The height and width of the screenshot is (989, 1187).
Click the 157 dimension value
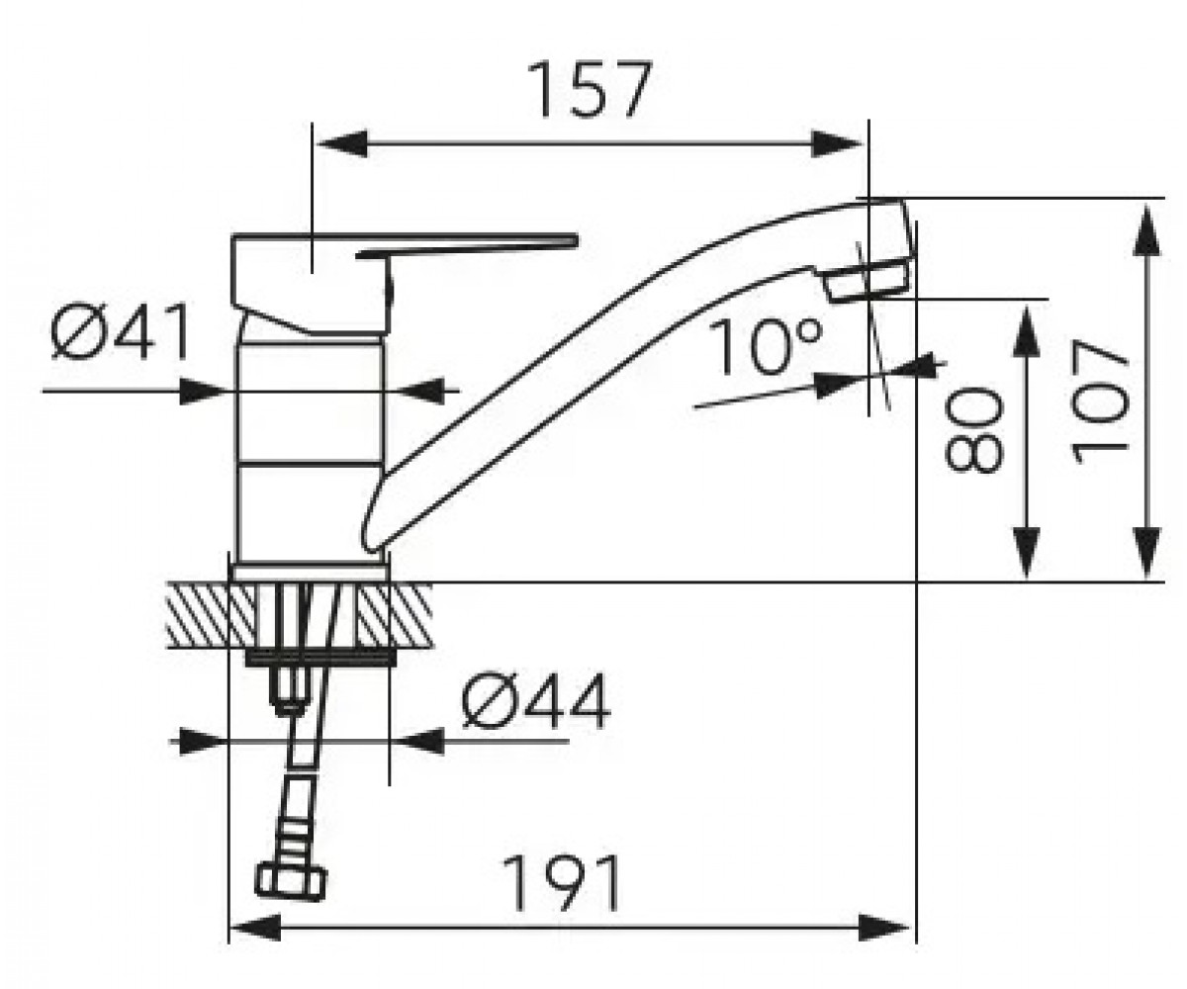590,89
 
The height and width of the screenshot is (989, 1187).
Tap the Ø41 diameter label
121,332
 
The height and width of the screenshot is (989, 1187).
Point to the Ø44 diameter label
535,702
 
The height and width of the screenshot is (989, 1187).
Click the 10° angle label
765,347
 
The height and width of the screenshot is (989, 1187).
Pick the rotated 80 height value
973,430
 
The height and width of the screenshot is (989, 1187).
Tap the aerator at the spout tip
866,280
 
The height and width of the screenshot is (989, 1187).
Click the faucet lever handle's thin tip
573,241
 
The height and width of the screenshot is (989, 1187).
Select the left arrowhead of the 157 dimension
342,143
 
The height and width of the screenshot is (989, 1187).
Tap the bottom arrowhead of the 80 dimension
1027,553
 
